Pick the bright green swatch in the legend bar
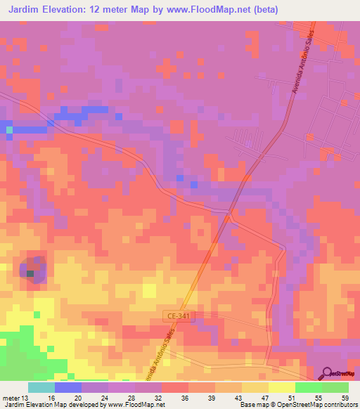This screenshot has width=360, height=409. click(308, 387)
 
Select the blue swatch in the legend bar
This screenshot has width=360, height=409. click(67, 387)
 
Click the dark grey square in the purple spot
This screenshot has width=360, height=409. click(30, 274)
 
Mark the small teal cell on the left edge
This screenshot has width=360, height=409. click(9, 129)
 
